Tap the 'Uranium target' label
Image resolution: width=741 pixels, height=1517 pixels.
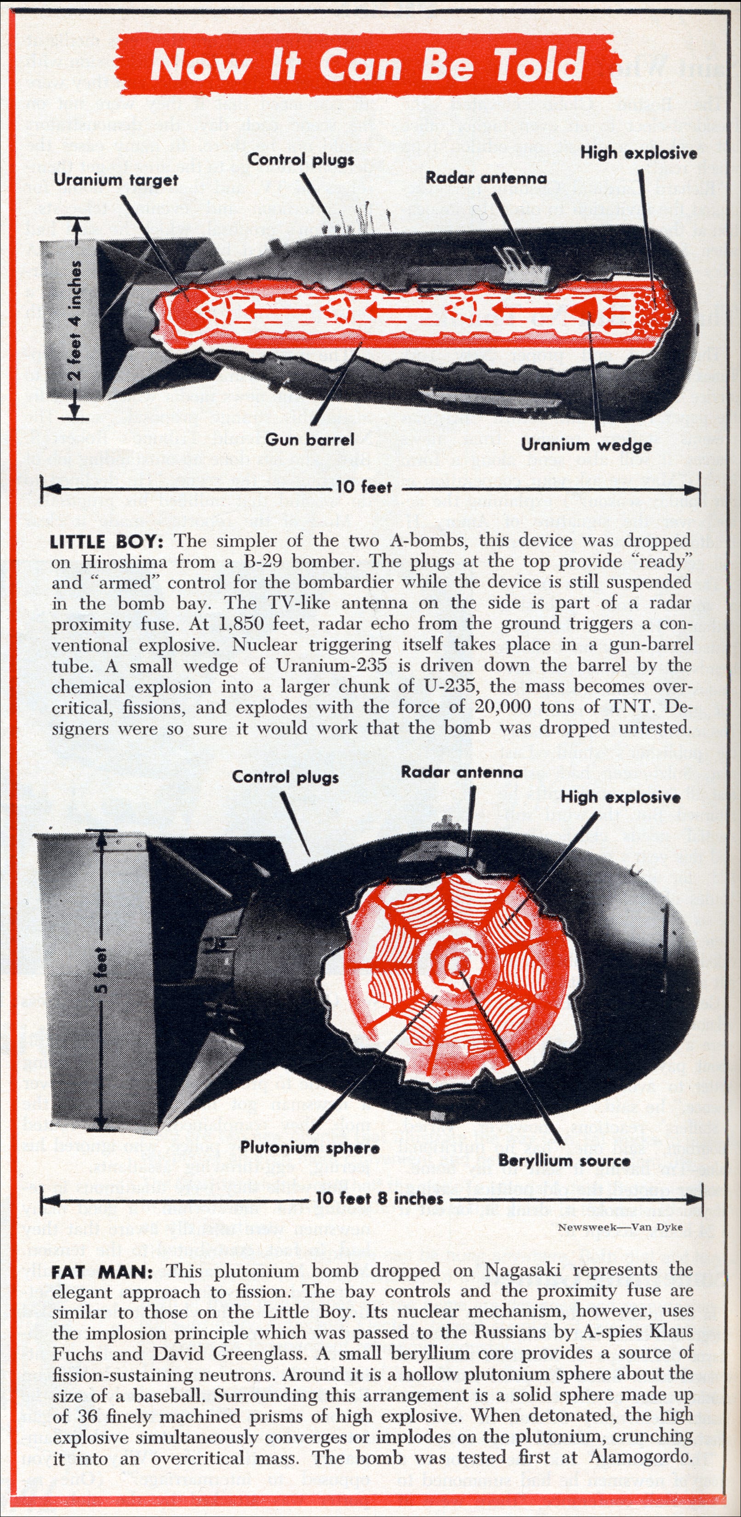click(x=115, y=180)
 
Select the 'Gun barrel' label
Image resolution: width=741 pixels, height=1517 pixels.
click(x=310, y=439)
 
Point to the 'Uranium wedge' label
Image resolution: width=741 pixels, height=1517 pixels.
click(x=586, y=445)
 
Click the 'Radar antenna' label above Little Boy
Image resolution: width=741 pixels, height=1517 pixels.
click(x=486, y=178)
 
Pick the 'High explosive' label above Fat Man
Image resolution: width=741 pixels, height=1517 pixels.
click(x=620, y=798)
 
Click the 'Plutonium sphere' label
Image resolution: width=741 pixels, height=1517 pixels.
click(x=309, y=1146)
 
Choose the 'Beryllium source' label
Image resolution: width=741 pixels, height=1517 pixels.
click(x=564, y=1160)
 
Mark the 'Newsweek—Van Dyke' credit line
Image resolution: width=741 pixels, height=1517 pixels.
click(x=620, y=1226)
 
